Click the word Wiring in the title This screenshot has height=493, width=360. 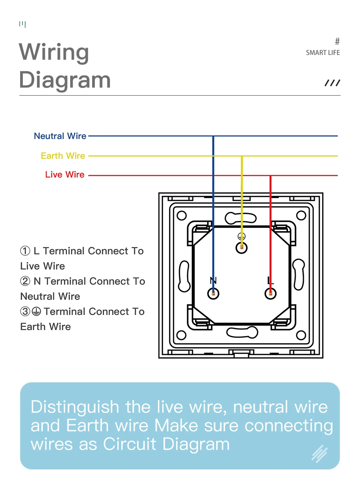pos(54,52)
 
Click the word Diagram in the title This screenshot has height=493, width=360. pos(65,80)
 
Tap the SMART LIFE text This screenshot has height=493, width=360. pos(322,53)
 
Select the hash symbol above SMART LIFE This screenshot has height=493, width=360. pos(337,41)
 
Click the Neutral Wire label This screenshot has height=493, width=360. pos(60,136)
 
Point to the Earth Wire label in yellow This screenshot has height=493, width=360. pos(63,156)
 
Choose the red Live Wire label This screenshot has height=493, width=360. pos(65,175)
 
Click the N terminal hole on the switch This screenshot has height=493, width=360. pos(213,293)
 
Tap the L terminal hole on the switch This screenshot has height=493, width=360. pos(270,293)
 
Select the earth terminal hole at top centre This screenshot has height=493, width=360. pos(242,247)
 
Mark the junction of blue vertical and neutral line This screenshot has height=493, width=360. pos(213,136)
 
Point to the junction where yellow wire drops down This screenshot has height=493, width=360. pos(242,156)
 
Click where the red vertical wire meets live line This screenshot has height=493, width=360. pos(271,175)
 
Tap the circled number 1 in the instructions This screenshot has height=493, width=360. pos(25,251)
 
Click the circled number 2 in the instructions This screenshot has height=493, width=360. pos(25,281)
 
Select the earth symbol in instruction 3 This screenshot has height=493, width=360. pos(36,312)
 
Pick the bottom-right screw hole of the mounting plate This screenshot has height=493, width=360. pos(301,335)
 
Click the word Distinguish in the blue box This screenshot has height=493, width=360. pos(75,407)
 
